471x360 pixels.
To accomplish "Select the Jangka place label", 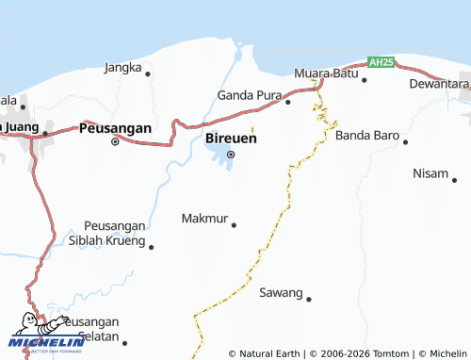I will click(123, 68).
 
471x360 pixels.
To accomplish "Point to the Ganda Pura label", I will click(249, 95).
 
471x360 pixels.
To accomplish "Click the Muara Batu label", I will click(325, 74).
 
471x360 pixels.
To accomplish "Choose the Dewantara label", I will click(439, 84).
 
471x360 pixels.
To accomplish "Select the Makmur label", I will click(203, 219).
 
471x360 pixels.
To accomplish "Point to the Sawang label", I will click(281, 293).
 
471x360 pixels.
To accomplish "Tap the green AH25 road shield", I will click(381, 61).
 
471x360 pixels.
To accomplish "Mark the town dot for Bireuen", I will click(231, 155).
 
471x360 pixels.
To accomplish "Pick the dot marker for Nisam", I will click(454, 179).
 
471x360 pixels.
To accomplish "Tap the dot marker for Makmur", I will click(234, 224).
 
